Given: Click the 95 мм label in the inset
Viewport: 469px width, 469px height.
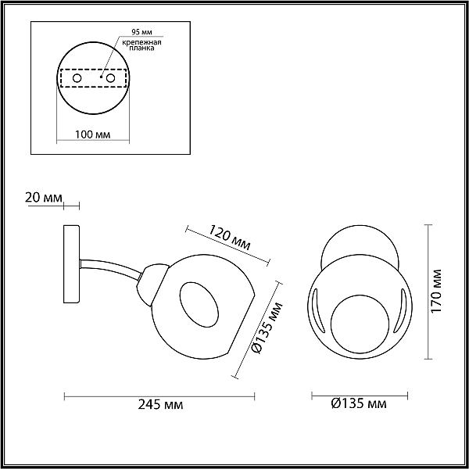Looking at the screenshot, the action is coord(142,32).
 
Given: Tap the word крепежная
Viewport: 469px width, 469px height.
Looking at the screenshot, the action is coord(141,42).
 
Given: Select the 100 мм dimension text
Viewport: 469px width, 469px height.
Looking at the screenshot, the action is coord(92,134).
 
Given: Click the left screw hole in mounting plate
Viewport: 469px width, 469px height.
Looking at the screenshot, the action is coord(77,78).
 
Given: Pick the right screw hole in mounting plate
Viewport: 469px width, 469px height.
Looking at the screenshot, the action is coord(110,78).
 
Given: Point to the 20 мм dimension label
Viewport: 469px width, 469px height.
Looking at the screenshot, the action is coord(44,198).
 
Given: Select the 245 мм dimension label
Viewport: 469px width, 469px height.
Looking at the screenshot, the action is coord(160,405).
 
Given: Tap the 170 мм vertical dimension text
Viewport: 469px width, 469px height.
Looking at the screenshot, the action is coord(436,291).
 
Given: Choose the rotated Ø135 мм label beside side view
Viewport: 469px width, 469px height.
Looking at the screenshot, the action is coord(267,328).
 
